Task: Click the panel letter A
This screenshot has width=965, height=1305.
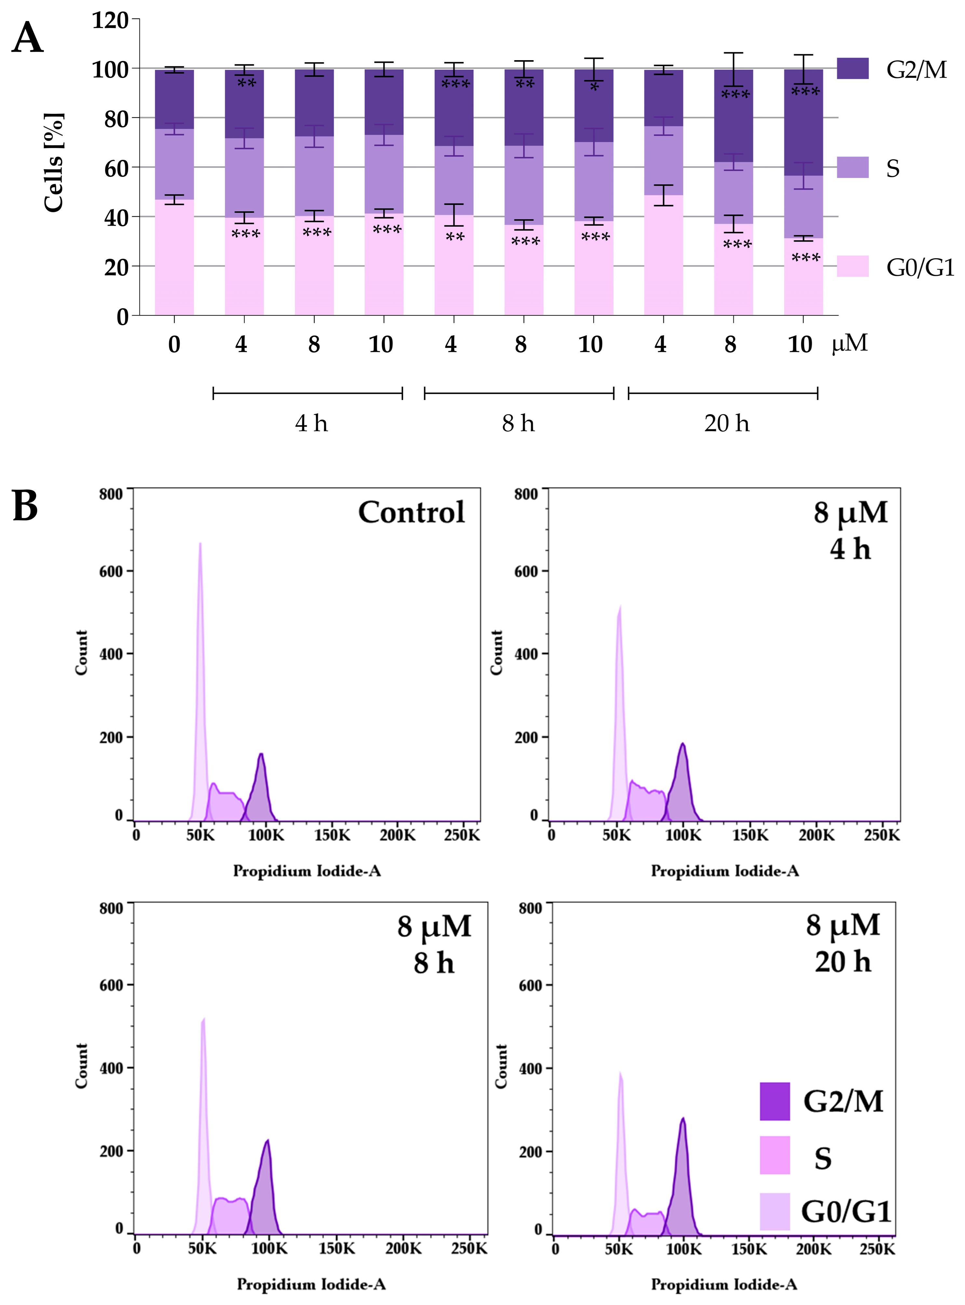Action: tap(27, 39)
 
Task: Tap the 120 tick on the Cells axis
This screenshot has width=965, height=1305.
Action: tap(110, 20)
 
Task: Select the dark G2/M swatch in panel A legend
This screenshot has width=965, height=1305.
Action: tap(852, 68)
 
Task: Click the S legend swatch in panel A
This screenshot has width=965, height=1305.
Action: tap(852, 167)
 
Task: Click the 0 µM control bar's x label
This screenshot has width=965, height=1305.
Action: tap(174, 344)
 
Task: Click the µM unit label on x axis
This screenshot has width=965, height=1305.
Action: tap(850, 343)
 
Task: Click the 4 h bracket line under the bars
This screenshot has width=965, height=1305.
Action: tap(308, 393)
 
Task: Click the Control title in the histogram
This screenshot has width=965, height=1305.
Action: tap(411, 513)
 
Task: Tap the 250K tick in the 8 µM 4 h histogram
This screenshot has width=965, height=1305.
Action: tap(881, 835)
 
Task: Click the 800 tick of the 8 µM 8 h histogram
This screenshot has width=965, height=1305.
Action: tap(111, 909)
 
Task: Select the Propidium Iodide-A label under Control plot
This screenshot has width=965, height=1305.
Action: tap(307, 871)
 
